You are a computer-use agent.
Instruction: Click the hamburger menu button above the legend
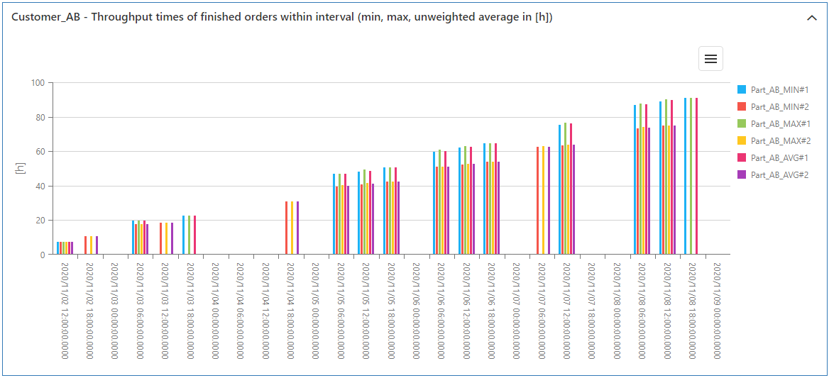click(710, 59)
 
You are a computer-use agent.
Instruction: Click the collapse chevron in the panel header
click(812, 18)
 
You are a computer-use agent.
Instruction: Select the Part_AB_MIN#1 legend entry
click(779, 90)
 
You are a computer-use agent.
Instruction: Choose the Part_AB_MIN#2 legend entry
click(779, 107)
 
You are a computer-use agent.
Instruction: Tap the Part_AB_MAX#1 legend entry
click(779, 124)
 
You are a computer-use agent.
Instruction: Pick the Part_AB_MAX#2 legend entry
click(779, 141)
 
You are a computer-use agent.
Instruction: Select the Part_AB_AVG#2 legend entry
click(779, 174)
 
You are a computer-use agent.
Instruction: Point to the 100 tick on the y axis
click(38, 83)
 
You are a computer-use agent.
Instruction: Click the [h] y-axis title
click(21, 169)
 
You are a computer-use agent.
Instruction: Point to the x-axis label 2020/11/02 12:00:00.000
click(65, 311)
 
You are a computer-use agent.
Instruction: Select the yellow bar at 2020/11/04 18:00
click(292, 228)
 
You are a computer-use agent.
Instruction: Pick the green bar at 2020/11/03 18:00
click(189, 235)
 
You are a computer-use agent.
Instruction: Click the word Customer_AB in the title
click(41, 18)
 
